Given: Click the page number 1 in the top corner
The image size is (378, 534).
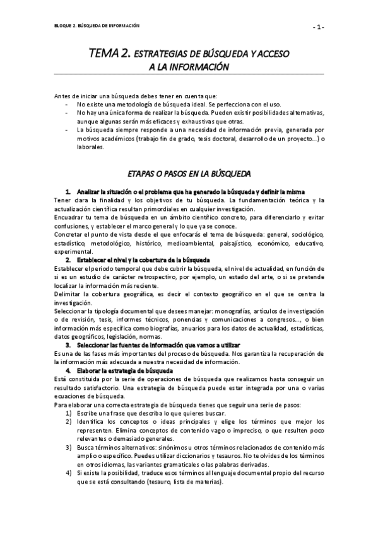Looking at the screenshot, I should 319,26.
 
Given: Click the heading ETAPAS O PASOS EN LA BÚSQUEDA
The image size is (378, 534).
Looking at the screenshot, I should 189,172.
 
